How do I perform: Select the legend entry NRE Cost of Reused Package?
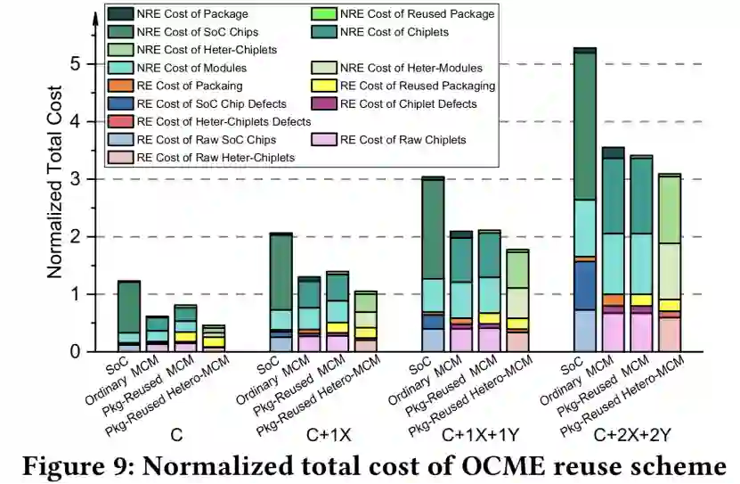click(406, 14)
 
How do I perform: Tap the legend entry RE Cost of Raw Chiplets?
click(402, 140)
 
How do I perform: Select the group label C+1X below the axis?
click(335, 436)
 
